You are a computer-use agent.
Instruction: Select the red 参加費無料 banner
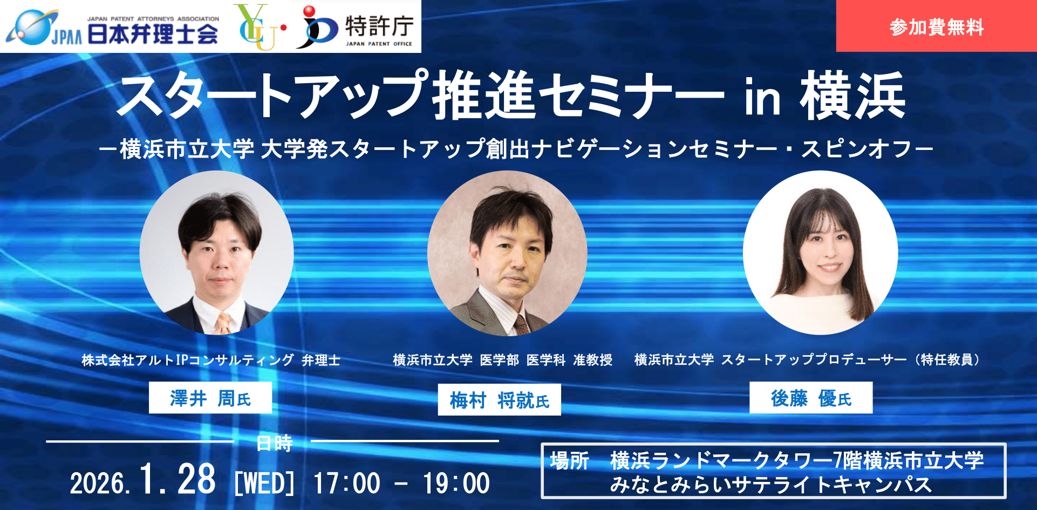(x=936, y=26)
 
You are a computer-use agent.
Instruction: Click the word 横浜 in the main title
(x=853, y=96)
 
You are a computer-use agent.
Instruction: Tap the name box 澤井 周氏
(x=210, y=398)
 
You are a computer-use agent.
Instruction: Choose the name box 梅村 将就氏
(x=499, y=400)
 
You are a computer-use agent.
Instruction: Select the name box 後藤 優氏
(x=811, y=398)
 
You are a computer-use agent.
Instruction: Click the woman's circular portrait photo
(x=821, y=253)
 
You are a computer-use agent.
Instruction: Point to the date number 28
(x=196, y=479)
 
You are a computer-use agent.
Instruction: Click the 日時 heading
(x=275, y=444)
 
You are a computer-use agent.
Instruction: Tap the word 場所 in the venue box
(x=570, y=461)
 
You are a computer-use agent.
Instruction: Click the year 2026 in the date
(x=99, y=483)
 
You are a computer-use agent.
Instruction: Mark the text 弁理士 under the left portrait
(x=321, y=360)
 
